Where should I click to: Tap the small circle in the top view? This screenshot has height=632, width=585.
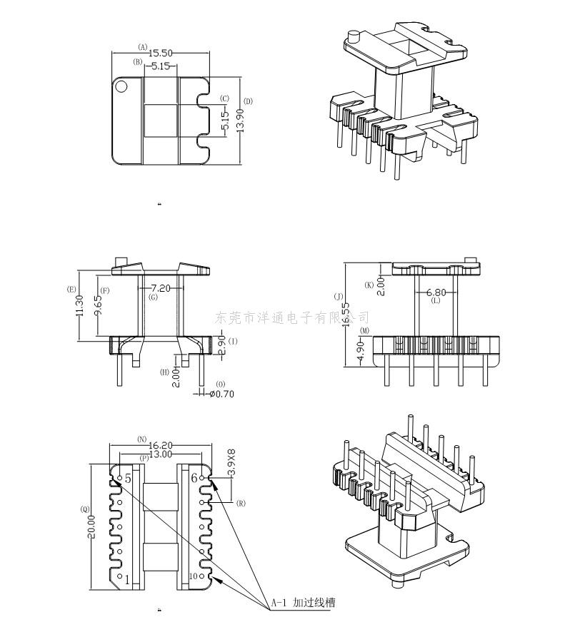coord(121,88)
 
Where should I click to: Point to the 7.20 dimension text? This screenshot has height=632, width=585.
coord(159,289)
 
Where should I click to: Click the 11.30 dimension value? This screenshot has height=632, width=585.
coord(79,306)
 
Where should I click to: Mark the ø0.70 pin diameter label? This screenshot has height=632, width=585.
coord(222,393)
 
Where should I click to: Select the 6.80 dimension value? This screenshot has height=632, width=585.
coord(436,292)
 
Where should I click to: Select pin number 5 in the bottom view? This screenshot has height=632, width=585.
coord(128,479)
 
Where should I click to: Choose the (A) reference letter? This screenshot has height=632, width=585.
coord(143,48)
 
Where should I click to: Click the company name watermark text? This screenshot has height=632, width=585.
coord(292,317)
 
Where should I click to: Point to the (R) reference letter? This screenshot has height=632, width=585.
coord(241,503)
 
